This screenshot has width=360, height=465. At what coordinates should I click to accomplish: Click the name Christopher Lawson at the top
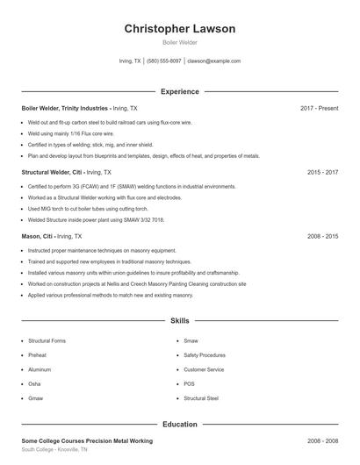(x=179, y=29)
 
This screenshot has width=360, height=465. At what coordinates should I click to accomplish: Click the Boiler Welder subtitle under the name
(x=179, y=42)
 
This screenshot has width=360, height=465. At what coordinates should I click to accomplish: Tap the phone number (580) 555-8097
(x=164, y=61)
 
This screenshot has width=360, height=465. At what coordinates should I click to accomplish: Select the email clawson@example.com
(x=214, y=61)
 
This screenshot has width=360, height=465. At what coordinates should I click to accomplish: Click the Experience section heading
(x=179, y=91)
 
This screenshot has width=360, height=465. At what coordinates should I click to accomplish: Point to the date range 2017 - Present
(x=319, y=108)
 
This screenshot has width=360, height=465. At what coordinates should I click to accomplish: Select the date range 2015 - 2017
(x=322, y=173)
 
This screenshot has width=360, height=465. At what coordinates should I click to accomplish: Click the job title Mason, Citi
(x=38, y=237)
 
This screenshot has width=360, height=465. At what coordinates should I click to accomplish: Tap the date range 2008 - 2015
(x=322, y=237)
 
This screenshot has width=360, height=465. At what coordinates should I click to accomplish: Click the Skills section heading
(x=179, y=322)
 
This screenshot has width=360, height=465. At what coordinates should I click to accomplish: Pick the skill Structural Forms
(x=47, y=340)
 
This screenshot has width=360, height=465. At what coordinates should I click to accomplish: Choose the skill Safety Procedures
(x=205, y=355)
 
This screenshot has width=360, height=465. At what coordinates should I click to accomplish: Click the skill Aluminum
(x=40, y=369)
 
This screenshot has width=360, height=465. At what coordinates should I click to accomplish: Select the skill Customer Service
(x=205, y=369)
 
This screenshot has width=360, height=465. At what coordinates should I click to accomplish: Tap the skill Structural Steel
(x=201, y=398)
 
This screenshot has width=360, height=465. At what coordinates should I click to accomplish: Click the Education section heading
(x=179, y=425)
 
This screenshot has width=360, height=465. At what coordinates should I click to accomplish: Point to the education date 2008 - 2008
(x=322, y=440)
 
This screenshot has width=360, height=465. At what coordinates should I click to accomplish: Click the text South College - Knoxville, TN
(x=54, y=449)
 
